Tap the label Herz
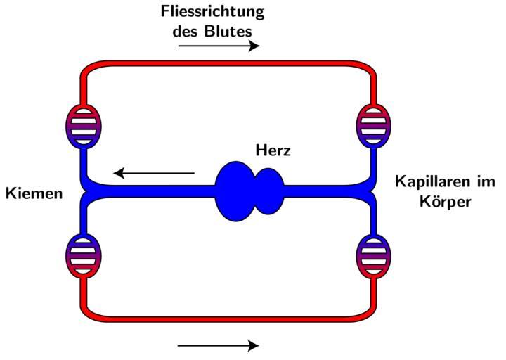point(273,150)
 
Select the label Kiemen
point(34,192)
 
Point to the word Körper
point(441,200)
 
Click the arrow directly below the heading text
point(219,46)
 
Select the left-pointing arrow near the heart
point(155,172)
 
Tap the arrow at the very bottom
point(219,345)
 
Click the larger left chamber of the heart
point(235,190)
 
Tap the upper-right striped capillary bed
point(373,124)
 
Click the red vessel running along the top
point(225,65)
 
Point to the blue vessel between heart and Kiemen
point(155,189)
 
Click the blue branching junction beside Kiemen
point(87,189)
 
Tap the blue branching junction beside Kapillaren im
point(370,189)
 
